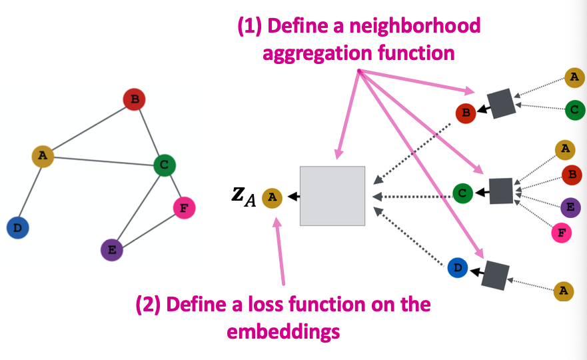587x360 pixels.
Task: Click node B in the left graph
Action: tap(134, 100)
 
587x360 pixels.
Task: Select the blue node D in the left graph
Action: tap(17, 228)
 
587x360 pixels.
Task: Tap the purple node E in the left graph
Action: tap(112, 251)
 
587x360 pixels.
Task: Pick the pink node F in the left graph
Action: tap(184, 208)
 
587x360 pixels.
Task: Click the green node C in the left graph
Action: tap(165, 165)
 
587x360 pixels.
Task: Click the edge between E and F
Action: tap(148, 229)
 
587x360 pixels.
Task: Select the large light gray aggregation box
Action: tap(332, 195)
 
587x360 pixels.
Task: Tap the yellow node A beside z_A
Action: tap(272, 197)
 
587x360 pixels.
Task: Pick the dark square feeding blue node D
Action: tap(495, 274)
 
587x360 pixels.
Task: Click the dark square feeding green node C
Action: tap(501, 191)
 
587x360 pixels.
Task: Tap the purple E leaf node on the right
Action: tap(570, 207)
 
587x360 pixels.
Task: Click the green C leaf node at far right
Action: tap(575, 110)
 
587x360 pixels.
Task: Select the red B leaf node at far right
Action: tap(571, 175)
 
